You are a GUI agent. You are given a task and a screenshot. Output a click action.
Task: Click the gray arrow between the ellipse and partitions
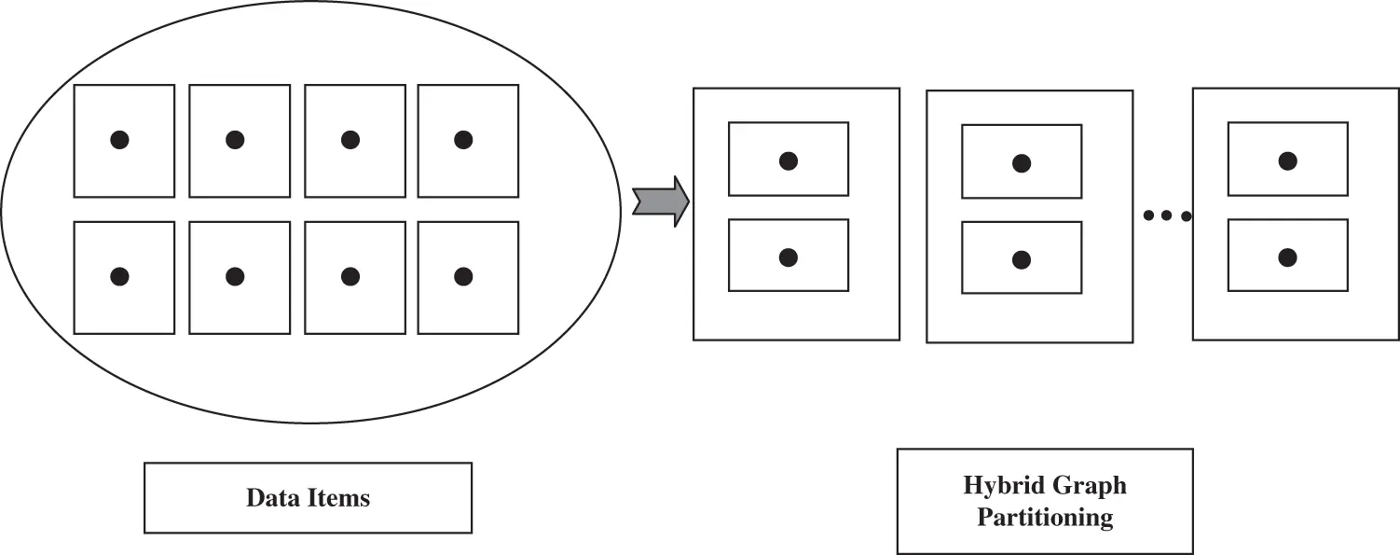tap(660, 201)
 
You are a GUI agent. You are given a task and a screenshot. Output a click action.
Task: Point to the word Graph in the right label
tap(1091, 486)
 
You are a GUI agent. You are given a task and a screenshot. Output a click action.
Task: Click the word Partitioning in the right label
tap(1045, 518)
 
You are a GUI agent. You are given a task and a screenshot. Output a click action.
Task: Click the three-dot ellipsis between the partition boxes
tap(1166, 216)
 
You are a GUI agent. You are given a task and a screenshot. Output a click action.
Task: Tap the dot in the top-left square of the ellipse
tap(119, 140)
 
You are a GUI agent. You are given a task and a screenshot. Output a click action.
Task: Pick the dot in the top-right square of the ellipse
tap(463, 140)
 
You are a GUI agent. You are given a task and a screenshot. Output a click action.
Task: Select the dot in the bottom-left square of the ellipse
tap(119, 276)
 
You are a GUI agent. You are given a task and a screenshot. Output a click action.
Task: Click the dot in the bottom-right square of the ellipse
tap(463, 276)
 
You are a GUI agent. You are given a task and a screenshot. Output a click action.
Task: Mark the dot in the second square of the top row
tap(235, 140)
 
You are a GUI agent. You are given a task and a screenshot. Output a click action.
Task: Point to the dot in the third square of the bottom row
tap(350, 276)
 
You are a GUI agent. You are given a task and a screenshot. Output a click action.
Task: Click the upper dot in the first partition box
tap(789, 160)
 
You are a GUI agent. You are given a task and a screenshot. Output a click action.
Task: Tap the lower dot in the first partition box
tap(789, 257)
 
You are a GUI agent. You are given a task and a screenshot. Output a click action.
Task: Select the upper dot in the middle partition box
tap(1022, 163)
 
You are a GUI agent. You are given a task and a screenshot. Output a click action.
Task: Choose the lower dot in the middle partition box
tap(1022, 259)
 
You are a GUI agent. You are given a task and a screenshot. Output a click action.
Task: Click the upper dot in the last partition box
tap(1288, 160)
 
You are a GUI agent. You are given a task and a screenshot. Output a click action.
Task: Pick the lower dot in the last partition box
tap(1288, 257)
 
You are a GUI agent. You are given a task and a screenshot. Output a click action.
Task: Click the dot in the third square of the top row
tap(350, 140)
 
